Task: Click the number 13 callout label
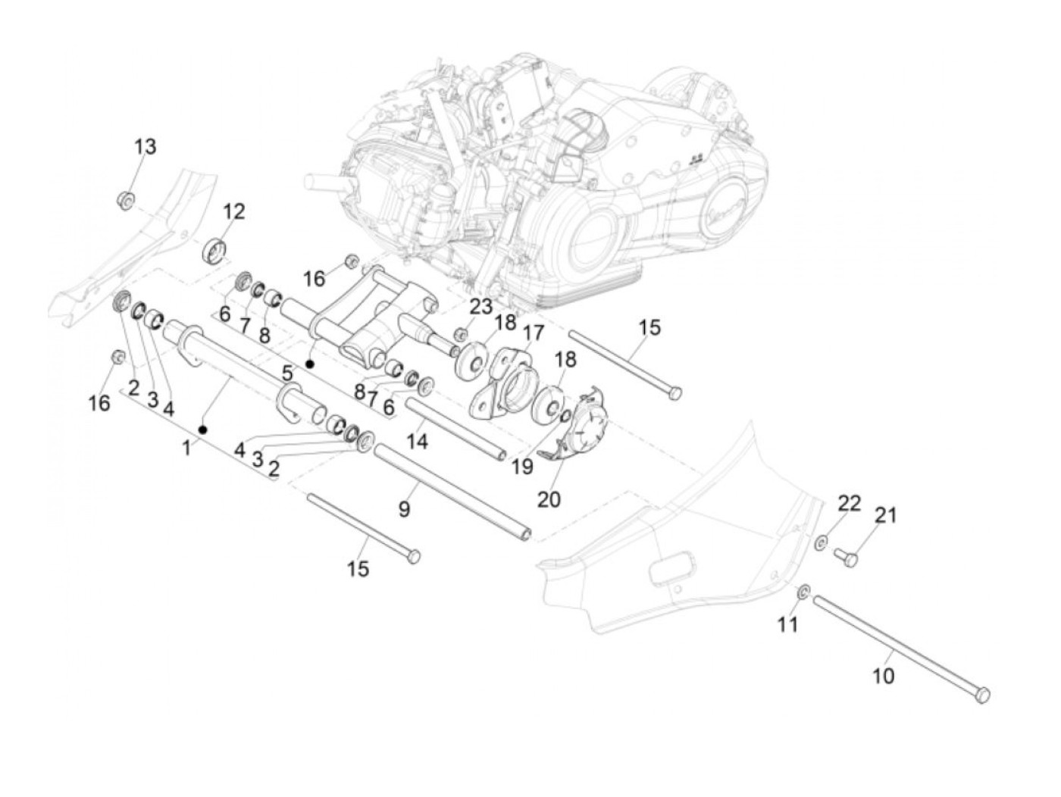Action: (145, 145)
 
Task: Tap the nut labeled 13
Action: (126, 201)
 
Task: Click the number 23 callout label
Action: (480, 307)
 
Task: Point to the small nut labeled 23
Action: (459, 334)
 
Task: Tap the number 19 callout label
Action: (521, 466)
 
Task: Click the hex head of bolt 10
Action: (981, 694)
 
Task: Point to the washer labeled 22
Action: (822, 542)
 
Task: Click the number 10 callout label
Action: (884, 674)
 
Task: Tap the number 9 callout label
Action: (404, 508)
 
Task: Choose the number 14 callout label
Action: (417, 440)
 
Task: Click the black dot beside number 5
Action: (309, 364)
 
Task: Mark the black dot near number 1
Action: (203, 430)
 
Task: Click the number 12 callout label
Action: (233, 211)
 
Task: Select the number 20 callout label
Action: (549, 499)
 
